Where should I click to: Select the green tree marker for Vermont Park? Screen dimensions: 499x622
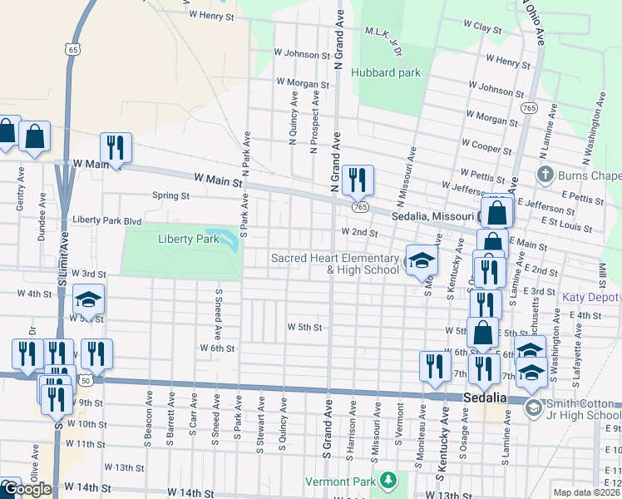click(388, 480)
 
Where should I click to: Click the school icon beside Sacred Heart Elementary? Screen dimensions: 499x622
click(422, 261)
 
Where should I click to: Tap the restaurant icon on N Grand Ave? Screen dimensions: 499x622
click(358, 180)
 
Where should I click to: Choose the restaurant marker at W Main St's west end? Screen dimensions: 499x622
click(116, 149)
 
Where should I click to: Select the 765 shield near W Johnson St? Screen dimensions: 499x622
click(530, 107)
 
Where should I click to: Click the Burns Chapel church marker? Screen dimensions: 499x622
click(545, 175)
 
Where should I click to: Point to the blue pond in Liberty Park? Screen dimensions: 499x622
click(220, 236)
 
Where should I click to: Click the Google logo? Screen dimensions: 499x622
click(27, 489)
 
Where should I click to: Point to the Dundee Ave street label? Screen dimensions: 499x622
click(41, 219)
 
